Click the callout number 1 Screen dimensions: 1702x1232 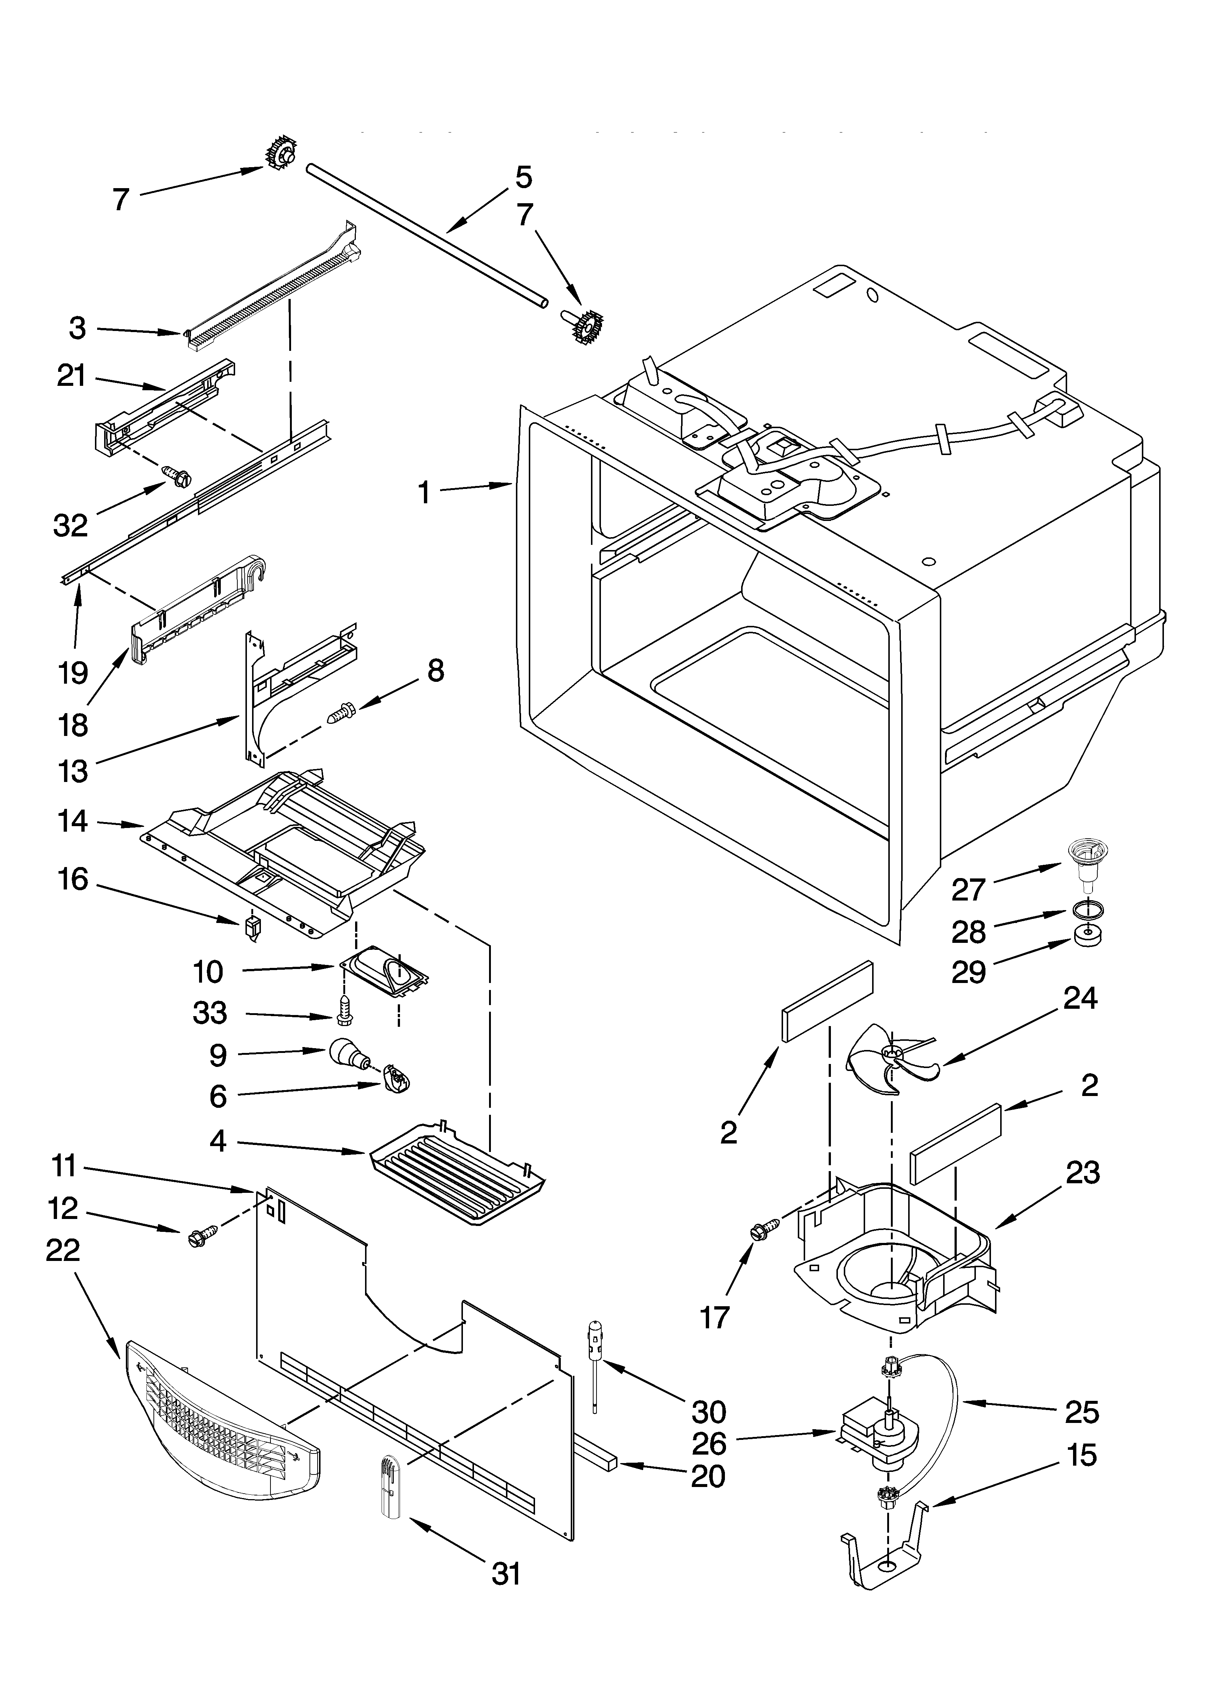coord(424,493)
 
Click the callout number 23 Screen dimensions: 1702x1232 coord(1083,1172)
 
